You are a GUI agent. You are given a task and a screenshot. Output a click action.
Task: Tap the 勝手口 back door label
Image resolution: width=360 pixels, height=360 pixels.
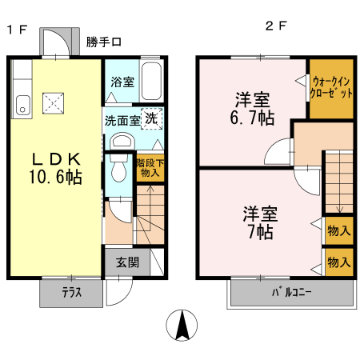pyautogui.click(x=104, y=42)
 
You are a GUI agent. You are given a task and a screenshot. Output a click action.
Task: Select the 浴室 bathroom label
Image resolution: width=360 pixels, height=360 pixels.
pyautogui.click(x=122, y=81)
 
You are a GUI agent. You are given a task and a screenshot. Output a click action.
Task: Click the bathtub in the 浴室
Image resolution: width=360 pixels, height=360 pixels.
pyautogui.click(x=152, y=78)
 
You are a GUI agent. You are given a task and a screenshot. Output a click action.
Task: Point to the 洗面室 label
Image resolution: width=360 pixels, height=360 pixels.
pyautogui.click(x=122, y=121)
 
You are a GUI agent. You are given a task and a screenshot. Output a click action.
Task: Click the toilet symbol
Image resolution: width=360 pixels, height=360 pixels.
pyautogui.click(x=118, y=170)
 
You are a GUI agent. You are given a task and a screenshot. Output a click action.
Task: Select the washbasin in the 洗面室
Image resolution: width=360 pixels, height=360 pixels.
pyautogui.click(x=122, y=142)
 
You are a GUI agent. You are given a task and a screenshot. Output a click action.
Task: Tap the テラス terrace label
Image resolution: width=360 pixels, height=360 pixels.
pyautogui.click(x=71, y=293)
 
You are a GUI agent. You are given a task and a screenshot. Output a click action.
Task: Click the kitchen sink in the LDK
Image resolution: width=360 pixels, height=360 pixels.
pyautogui.click(x=22, y=102)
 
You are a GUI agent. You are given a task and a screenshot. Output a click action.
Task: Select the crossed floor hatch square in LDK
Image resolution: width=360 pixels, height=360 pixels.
pyautogui.click(x=54, y=102)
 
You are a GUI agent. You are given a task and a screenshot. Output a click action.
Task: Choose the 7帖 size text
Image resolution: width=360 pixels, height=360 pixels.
pyautogui.click(x=259, y=232)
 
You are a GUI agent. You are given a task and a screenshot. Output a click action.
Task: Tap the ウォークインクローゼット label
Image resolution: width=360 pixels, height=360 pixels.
pyautogui.click(x=331, y=86)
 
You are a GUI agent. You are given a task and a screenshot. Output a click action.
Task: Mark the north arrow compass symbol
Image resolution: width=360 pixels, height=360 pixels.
pyautogui.click(x=183, y=325)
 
